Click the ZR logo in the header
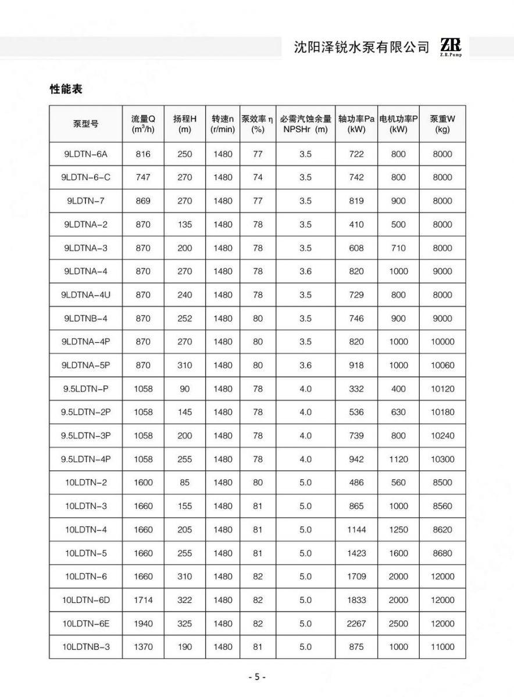451,46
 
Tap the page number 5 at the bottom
257,677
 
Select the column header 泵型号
85,124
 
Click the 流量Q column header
142,124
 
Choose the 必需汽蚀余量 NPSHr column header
305,124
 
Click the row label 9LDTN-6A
85,154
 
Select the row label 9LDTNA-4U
85,295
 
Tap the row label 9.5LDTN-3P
85,436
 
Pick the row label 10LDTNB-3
85,646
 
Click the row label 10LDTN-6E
85,623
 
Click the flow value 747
142,178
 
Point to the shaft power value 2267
356,623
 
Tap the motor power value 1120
398,459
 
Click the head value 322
185,600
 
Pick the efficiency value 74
258,178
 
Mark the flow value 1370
142,646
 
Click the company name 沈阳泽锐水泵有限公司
362,47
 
